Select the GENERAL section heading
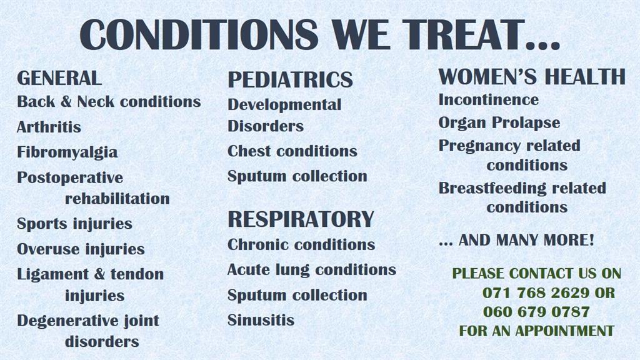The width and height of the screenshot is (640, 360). tap(59, 78)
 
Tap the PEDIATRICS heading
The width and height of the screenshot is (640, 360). tap(290, 79)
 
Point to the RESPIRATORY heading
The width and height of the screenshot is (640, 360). tap(301, 219)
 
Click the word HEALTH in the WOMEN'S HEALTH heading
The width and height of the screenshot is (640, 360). tap(585, 77)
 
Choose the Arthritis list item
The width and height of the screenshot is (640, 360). tap(49, 127)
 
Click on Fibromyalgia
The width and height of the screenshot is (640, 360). tap(67, 152)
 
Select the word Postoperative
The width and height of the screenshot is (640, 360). tap(70, 178)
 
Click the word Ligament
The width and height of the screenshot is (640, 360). tap(53, 274)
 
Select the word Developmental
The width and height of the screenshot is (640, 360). tap(284, 104)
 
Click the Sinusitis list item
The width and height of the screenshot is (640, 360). tap(261, 320)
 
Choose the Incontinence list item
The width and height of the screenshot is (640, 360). tap(489, 99)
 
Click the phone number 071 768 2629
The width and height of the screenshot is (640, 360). tap(536, 292)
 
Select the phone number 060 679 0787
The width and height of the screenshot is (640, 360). tap(536, 312)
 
